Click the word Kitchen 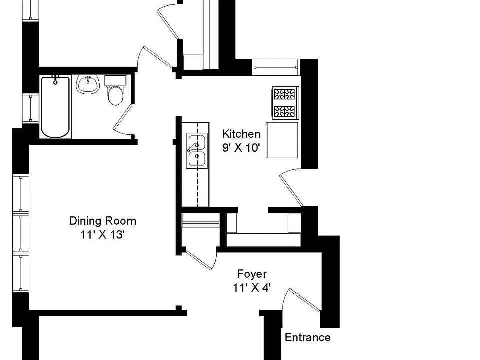coord(241,134)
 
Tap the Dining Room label coord(103,221)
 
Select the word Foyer coord(252,274)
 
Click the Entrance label coord(307,337)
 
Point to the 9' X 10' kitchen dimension coord(241,148)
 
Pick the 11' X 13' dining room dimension coord(102,235)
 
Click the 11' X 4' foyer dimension coord(251,288)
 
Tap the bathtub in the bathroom coord(55,107)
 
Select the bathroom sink coord(88,84)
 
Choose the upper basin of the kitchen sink coord(197,142)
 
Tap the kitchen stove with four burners coord(285,103)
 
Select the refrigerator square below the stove coord(282,140)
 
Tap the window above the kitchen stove coord(276,67)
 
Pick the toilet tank coord(115,81)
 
